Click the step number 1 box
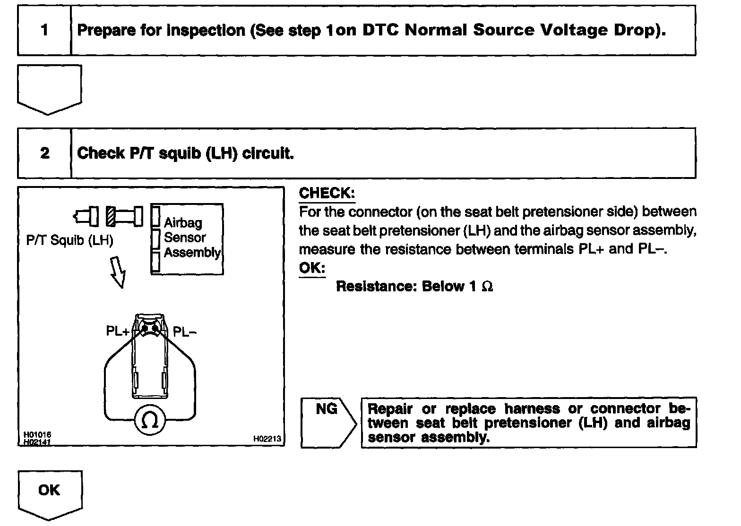pos(44,31)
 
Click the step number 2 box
pos(44,153)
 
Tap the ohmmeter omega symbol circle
pos(150,420)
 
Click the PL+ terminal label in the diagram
pos(117,331)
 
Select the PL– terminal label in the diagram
pos(185,331)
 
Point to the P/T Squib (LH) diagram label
pos(70,240)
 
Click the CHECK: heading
pos(327,193)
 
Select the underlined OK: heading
pos(312,268)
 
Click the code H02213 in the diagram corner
pos(267,439)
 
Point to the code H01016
pos(37,434)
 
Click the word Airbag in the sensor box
pos(183,223)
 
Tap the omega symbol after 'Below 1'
pos(487,287)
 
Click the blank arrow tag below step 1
pos(49,89)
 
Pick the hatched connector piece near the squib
pos(111,216)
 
